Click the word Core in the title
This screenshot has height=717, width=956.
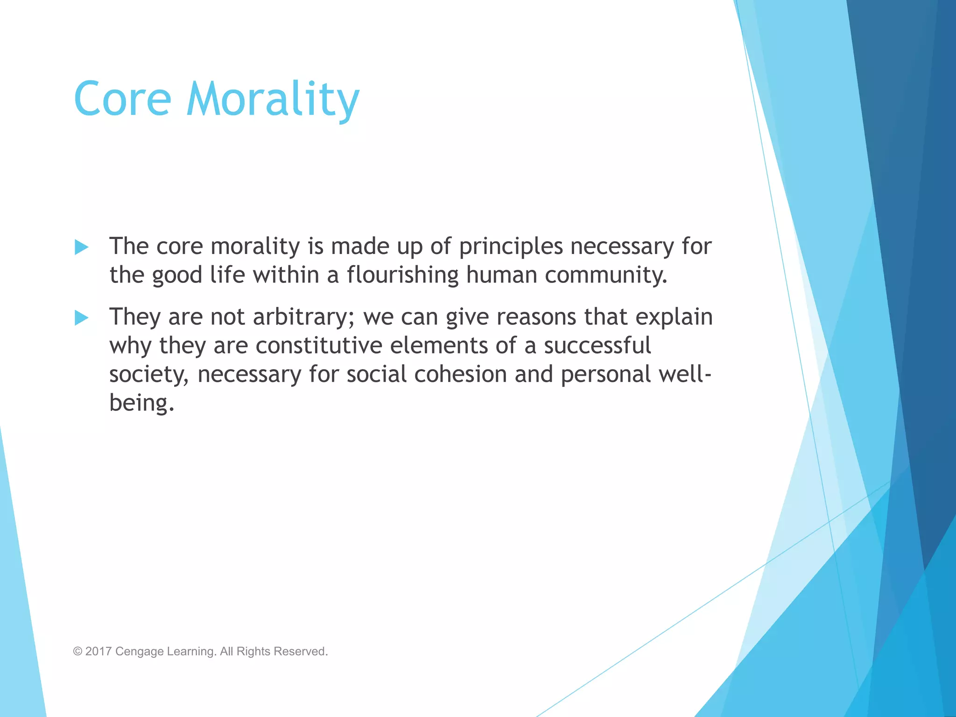pos(122,99)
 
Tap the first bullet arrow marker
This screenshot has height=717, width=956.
pos(81,247)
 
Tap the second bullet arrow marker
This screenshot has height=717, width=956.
pos(81,318)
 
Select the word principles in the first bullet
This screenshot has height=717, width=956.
pos(511,247)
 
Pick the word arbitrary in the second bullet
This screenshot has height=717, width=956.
pos(303,317)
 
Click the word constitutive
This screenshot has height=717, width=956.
pos(318,346)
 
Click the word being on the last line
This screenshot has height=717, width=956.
pos(141,403)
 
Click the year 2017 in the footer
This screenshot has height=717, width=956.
pos(98,651)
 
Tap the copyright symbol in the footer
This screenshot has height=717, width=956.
pos(77,651)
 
